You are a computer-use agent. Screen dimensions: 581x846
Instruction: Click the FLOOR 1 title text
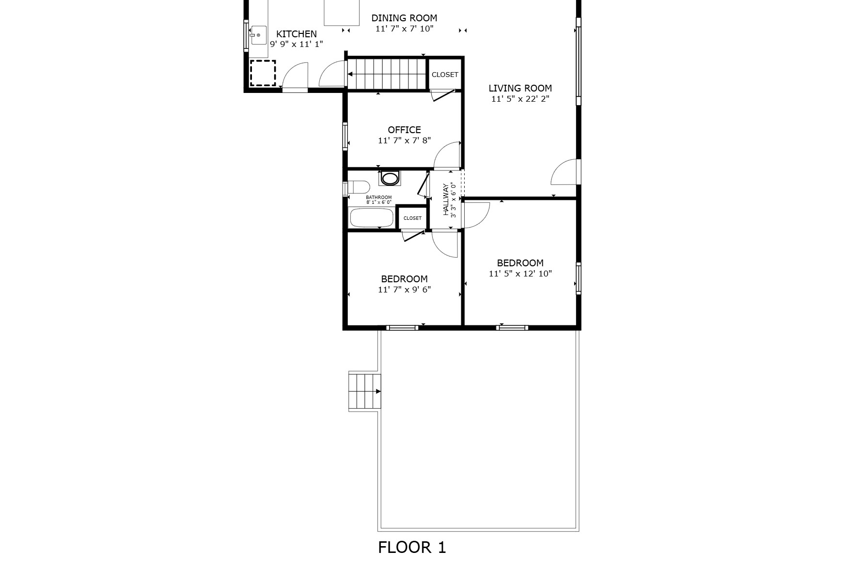point(412,547)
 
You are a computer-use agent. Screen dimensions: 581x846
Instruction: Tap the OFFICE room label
point(404,130)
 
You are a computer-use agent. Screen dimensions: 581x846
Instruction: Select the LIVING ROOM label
point(520,88)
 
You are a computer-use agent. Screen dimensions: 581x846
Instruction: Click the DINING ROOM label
point(404,18)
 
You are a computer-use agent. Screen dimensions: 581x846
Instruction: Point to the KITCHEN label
point(297,34)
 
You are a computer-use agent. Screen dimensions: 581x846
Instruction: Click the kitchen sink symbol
point(258,35)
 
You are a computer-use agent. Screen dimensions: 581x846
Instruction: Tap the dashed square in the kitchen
point(263,73)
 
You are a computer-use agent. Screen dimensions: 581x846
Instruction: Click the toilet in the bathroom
point(358,187)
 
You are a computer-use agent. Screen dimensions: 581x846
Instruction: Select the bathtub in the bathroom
point(372,218)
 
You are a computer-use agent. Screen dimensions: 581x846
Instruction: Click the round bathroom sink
point(390,178)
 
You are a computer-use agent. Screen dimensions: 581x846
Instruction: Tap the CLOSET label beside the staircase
point(445,75)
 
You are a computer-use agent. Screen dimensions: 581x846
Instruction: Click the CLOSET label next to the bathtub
point(412,218)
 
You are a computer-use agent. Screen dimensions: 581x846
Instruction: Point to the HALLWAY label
point(446,199)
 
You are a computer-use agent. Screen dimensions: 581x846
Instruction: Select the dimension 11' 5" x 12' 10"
point(520,274)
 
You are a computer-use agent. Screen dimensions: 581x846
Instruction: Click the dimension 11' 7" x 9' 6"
point(404,290)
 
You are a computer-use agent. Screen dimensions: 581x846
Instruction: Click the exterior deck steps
point(364,392)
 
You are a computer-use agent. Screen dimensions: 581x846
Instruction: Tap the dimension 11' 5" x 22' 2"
point(520,99)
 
